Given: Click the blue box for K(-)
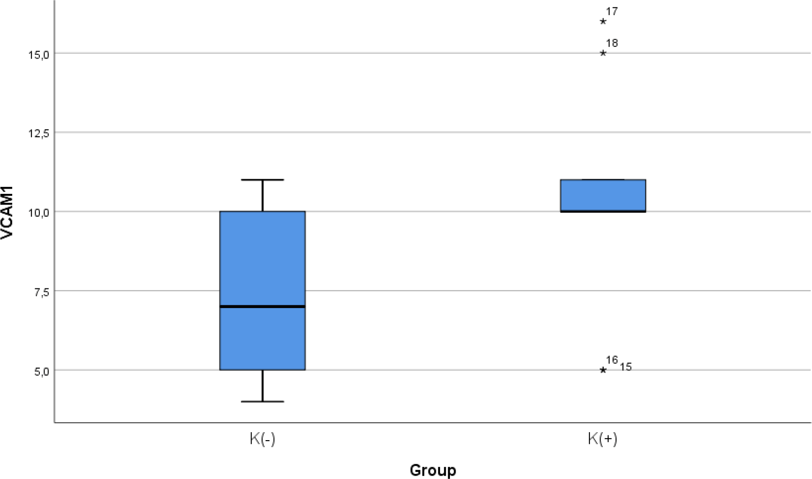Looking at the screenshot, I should tap(262, 262).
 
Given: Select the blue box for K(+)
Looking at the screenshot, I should tap(603, 195).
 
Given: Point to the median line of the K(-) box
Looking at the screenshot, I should tap(262, 306).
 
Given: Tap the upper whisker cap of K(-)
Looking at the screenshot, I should tap(262, 180).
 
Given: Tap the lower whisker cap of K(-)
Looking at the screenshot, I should tap(262, 401).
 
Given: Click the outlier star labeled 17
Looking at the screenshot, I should tap(603, 22).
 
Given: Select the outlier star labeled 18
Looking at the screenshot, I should tap(603, 53).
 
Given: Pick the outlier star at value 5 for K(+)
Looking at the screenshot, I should tap(603, 370).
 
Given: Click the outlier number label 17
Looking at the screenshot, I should tap(612, 11).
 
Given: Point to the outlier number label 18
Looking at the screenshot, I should tap(612, 44).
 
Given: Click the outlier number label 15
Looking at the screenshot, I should tap(626, 367).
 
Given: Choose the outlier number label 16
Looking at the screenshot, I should tap(612, 360).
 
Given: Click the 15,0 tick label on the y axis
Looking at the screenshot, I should tap(38, 54).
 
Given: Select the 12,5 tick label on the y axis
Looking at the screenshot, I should tap(38, 133).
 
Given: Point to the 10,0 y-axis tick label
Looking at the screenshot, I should tap(38, 213).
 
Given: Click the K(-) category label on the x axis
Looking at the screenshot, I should tap(262, 440).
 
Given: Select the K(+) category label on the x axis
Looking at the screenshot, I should tap(602, 440).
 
